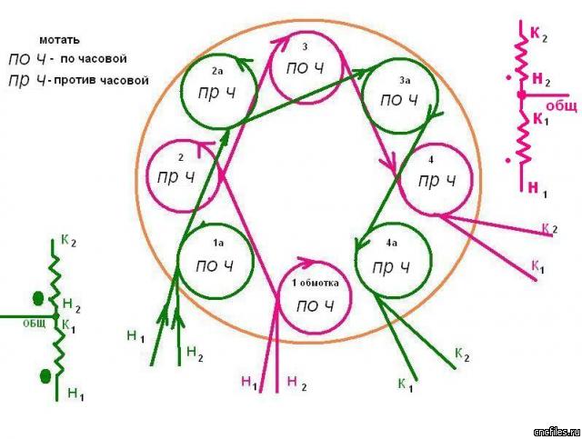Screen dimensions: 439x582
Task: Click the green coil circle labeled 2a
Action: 216,88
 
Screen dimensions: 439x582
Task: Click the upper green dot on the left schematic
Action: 37,297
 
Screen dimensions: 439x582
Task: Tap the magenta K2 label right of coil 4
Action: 548,228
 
